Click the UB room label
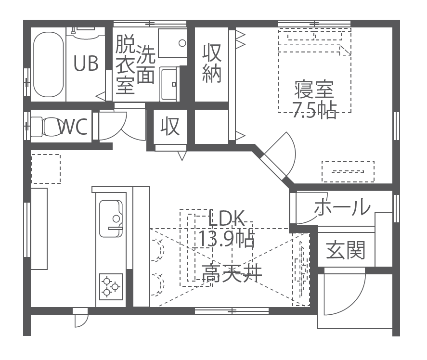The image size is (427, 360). [86, 63]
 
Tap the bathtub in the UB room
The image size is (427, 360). [48, 64]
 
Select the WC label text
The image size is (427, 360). [73, 127]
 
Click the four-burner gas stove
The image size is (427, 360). [110, 286]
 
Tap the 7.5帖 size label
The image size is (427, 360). [314, 110]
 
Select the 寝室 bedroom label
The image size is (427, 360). [314, 90]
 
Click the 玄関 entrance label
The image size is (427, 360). [346, 250]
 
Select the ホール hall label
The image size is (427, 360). [342, 207]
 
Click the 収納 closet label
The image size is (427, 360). [211, 63]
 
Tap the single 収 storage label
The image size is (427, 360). [170, 126]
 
